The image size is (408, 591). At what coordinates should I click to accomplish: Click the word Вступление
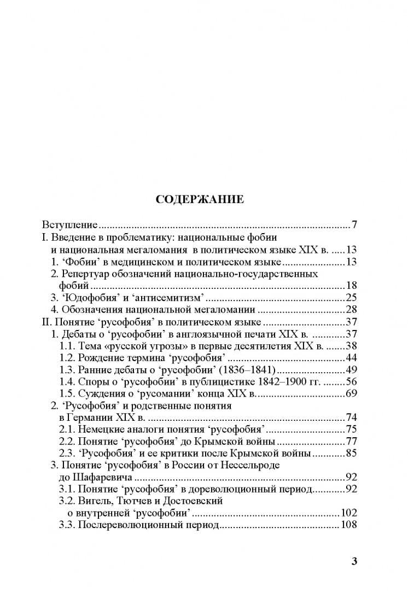70,224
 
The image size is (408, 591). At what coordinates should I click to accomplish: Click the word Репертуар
85,273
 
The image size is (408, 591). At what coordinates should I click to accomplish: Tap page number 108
348,525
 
